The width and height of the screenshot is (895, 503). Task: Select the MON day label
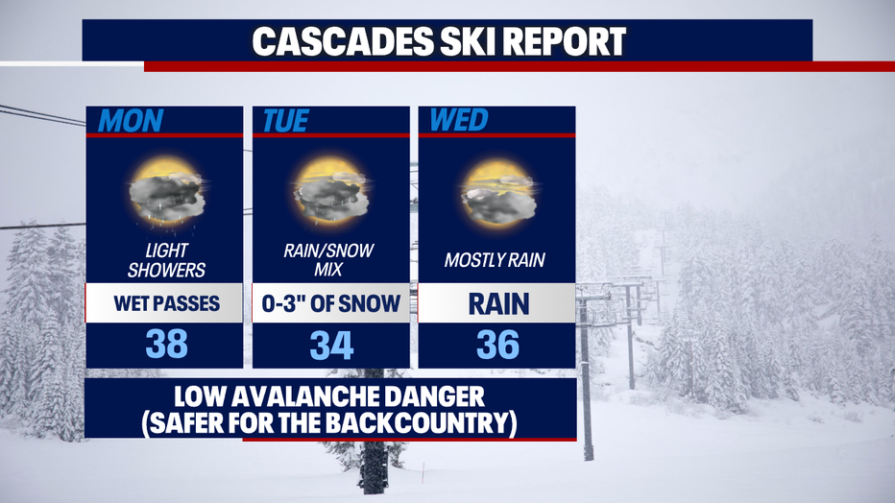(x=131, y=120)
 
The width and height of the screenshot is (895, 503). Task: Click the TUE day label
(x=285, y=120)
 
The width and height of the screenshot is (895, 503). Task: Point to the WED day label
(x=459, y=120)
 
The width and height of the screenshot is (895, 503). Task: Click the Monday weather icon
(x=167, y=194)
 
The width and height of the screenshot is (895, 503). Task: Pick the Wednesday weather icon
(x=498, y=193)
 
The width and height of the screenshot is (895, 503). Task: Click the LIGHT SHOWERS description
(x=166, y=260)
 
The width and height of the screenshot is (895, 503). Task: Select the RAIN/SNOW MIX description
(x=328, y=259)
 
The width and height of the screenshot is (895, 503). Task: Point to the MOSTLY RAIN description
(x=495, y=260)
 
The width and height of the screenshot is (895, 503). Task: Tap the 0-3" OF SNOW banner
(x=331, y=303)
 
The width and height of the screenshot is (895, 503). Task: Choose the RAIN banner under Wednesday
(x=497, y=303)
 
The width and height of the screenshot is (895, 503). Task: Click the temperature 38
(x=167, y=345)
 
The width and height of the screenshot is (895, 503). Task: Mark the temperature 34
(x=331, y=345)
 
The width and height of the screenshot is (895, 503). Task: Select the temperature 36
(x=497, y=345)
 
